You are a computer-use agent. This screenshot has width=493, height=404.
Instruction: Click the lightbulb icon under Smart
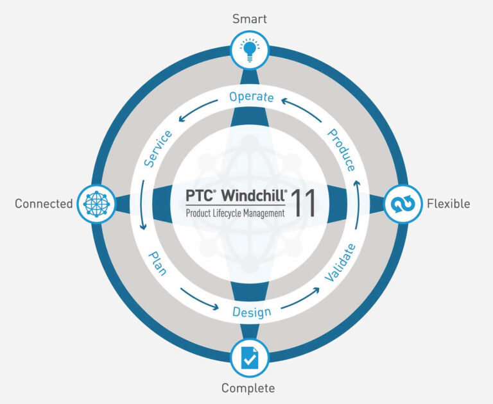[x=249, y=51]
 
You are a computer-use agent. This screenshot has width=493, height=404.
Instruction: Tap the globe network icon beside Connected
[x=97, y=203]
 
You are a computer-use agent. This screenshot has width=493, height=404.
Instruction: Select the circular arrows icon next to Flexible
[x=402, y=204]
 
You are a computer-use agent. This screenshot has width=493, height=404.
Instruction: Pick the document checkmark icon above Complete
[x=249, y=358]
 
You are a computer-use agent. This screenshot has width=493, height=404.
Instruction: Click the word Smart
[x=249, y=19]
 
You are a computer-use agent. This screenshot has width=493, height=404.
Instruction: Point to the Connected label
[x=44, y=204]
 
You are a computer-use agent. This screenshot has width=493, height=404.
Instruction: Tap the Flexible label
[x=448, y=204]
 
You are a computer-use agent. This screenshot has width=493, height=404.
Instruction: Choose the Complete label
[x=248, y=388]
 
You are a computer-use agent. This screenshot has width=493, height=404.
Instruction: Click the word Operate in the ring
[x=251, y=97]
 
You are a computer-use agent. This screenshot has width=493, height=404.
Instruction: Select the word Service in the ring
[x=158, y=149]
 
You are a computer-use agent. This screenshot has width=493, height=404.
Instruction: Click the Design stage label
[x=250, y=312]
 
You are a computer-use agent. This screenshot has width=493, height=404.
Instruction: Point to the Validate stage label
[x=340, y=263]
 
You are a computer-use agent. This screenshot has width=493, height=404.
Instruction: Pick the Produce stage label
[x=342, y=150]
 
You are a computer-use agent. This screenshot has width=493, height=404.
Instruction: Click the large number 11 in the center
[x=303, y=203]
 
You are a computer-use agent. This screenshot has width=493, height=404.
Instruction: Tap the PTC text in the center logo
[x=200, y=196]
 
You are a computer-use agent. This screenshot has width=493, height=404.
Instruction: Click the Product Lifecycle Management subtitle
[x=235, y=213]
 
